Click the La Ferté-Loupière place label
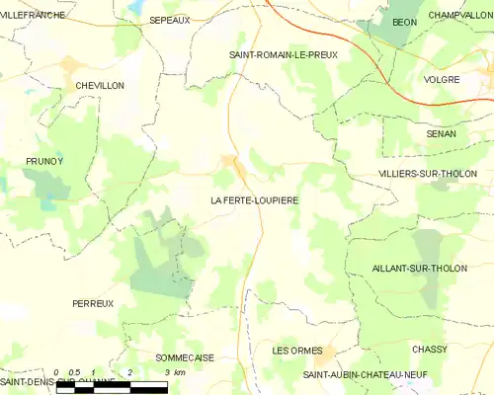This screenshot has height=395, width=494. [254, 199]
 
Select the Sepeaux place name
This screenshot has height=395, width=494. [169, 20]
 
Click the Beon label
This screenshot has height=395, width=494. [404, 21]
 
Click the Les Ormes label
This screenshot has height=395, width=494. [294, 351]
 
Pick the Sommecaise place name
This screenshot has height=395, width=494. [185, 357]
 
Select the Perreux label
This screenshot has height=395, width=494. [93, 303]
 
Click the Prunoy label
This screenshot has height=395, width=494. [44, 160]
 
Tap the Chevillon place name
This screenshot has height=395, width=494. [100, 86]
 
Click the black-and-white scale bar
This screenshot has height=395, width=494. [112, 386]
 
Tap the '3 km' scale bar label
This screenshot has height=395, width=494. [174, 372]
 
